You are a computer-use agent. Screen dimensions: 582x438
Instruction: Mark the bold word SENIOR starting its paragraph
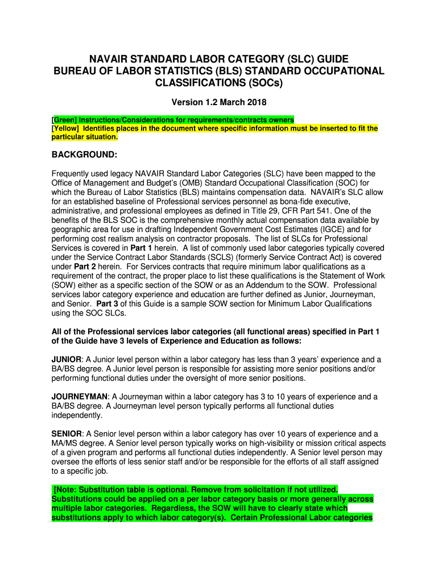pos(67,434)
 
